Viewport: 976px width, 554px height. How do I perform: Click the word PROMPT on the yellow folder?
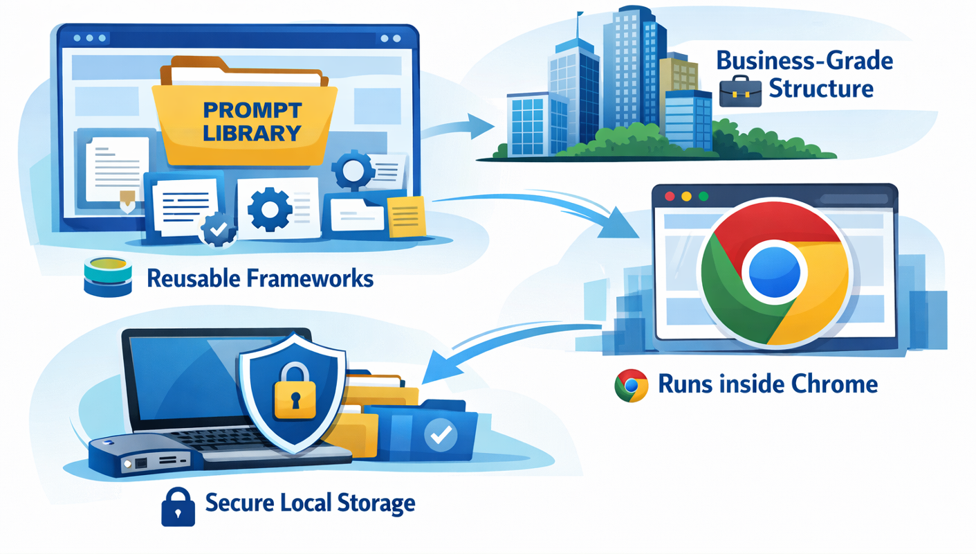[253, 109]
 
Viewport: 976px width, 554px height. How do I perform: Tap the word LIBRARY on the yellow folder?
[253, 133]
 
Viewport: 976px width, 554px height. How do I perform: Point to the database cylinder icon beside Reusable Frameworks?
[107, 276]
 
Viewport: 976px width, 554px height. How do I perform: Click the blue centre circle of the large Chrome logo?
[775, 271]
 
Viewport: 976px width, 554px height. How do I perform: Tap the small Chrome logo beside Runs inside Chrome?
[631, 386]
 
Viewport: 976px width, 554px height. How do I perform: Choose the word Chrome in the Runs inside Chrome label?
[838, 384]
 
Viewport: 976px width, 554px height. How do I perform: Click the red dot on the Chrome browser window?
[669, 197]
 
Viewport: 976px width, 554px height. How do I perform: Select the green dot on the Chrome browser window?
[703, 197]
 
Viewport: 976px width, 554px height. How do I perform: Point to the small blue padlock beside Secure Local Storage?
[178, 506]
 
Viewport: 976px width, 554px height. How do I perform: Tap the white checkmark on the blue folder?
[439, 434]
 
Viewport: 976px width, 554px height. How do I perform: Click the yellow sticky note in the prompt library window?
[407, 216]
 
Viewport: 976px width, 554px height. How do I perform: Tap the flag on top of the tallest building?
[580, 15]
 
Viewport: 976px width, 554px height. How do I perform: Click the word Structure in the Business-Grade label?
[821, 89]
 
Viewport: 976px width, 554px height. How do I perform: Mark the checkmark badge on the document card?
[218, 230]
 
